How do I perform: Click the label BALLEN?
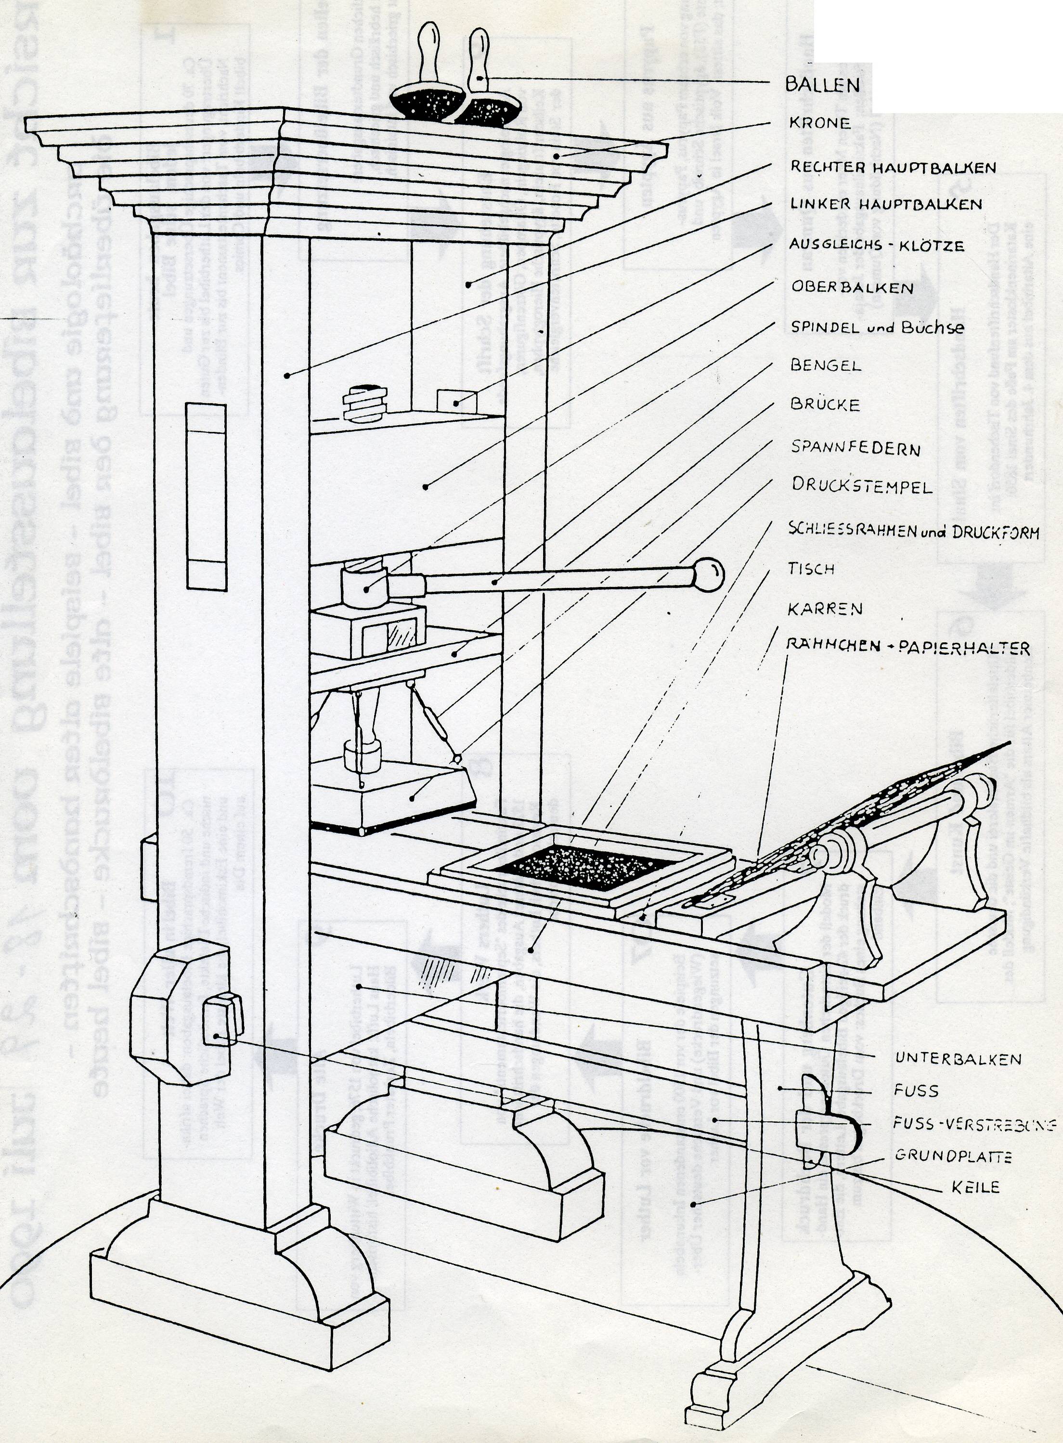tap(822, 85)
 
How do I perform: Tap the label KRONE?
tap(820, 123)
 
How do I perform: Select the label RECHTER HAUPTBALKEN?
tap(893, 168)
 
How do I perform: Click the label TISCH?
tap(811, 568)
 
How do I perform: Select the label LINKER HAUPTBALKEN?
tap(886, 204)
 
